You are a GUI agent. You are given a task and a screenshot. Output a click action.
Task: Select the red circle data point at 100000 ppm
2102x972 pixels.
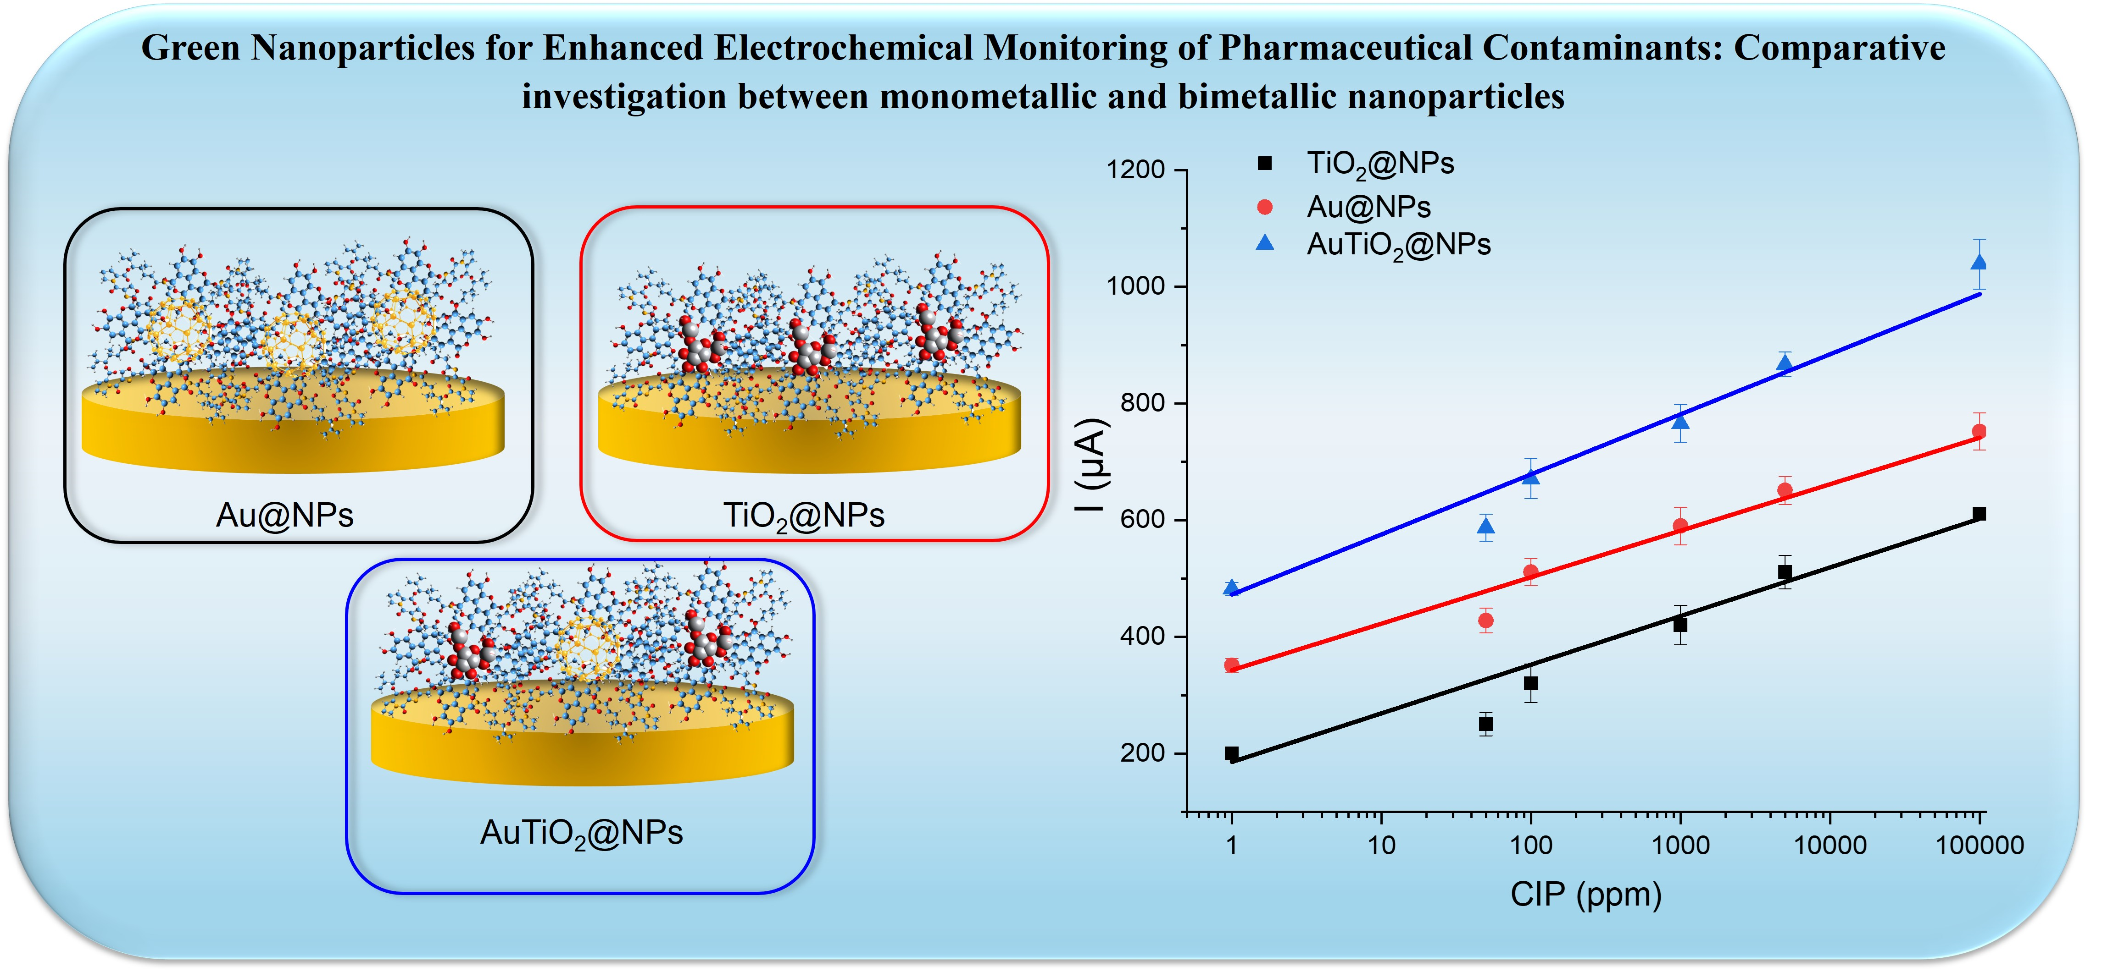pyautogui.click(x=1979, y=431)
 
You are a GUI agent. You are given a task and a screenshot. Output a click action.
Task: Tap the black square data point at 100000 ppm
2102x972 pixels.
pyautogui.click(x=1979, y=514)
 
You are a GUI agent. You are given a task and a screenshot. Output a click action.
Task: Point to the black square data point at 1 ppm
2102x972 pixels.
pyautogui.click(x=1231, y=753)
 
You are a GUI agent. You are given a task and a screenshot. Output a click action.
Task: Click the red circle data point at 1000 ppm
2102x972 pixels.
pyautogui.click(x=1680, y=526)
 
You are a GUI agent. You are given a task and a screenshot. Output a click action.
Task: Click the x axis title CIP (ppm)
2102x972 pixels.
pyautogui.click(x=1585, y=895)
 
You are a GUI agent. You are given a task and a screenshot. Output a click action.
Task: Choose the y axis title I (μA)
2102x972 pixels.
pyautogui.click(x=1091, y=465)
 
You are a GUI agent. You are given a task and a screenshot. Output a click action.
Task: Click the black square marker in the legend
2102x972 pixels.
pyautogui.click(x=1265, y=163)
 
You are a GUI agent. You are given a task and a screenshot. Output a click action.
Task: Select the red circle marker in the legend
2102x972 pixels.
pyautogui.click(x=1265, y=207)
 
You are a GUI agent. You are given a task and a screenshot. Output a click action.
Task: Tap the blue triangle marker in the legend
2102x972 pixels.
pyautogui.click(x=1265, y=243)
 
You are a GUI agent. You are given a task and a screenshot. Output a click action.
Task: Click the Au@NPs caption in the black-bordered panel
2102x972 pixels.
pyautogui.click(x=285, y=515)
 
